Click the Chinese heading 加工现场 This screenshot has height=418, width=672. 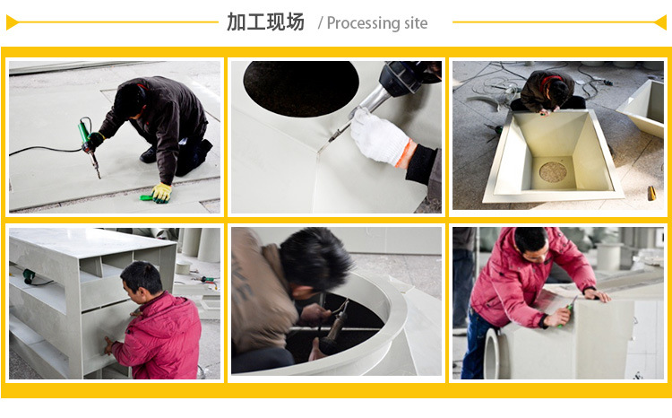(x=265, y=22)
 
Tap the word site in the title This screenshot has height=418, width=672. (x=416, y=22)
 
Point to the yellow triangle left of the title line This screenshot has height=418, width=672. (x=13, y=22)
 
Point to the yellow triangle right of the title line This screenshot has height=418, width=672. (x=660, y=22)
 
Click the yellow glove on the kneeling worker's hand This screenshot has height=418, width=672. (x=161, y=192)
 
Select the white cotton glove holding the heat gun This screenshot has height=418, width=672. (x=379, y=136)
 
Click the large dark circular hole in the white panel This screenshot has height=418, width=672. (x=301, y=88)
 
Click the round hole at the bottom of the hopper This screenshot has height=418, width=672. (x=553, y=171)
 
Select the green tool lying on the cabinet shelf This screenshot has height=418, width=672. (x=30, y=276)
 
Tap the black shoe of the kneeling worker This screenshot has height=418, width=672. (x=148, y=155)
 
